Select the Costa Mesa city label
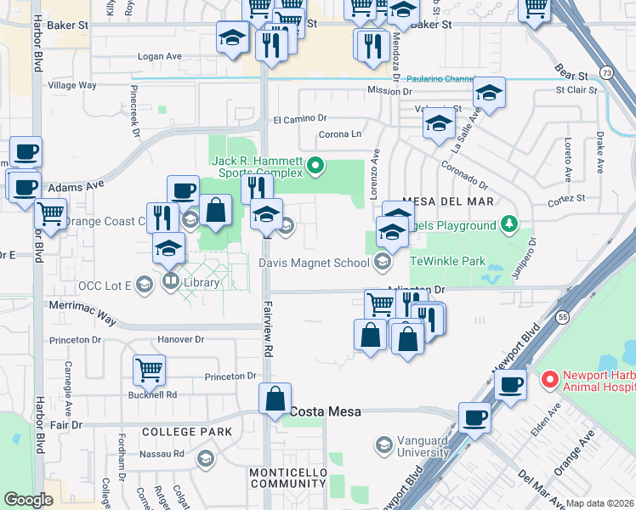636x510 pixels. tap(326, 411)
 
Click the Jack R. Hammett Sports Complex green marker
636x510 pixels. tap(315, 166)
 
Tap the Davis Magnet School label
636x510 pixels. tap(314, 263)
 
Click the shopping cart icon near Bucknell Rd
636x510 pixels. tap(149, 370)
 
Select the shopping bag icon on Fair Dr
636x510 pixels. tap(275, 399)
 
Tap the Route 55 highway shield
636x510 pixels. tap(562, 315)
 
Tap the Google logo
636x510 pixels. tap(28, 500)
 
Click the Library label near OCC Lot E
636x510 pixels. tap(201, 282)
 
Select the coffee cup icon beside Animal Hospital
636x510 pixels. tap(510, 384)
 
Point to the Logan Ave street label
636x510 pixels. tap(161, 57)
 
